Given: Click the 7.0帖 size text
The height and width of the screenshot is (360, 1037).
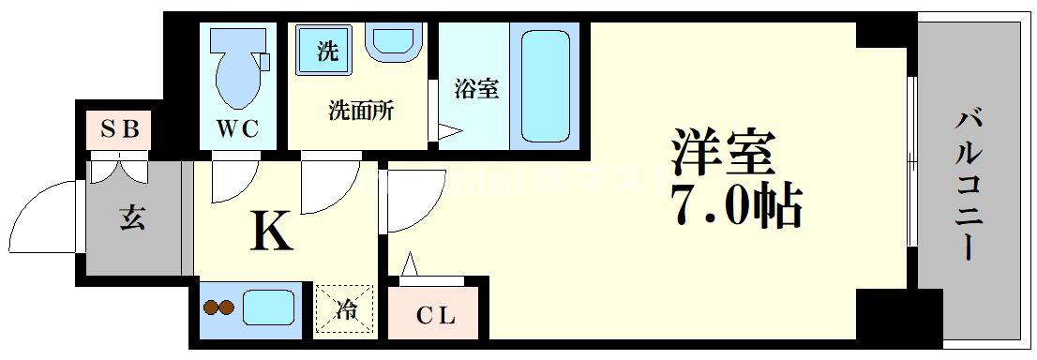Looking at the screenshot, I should (736, 206).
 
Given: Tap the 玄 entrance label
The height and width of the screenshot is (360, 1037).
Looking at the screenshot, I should (132, 219).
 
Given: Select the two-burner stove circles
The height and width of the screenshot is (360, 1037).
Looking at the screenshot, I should (218, 307).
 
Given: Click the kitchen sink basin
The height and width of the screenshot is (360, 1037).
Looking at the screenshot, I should (269, 307).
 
